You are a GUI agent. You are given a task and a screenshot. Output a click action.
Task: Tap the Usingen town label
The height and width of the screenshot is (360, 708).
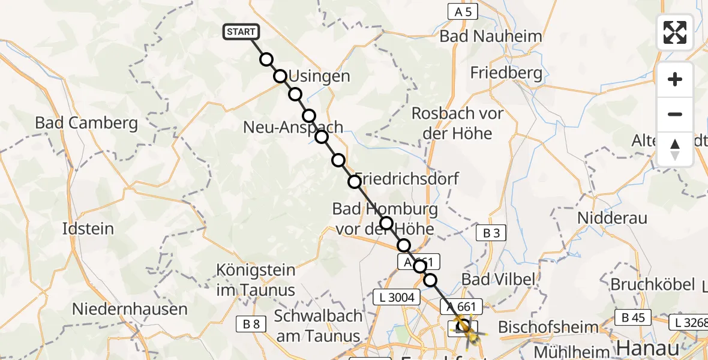(319, 76)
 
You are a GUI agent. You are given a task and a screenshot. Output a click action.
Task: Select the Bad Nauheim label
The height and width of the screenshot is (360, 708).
(490, 36)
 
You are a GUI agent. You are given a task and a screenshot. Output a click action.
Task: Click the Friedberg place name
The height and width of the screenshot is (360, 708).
(506, 73)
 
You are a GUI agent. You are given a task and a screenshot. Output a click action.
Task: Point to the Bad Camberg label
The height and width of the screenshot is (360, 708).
(86, 123)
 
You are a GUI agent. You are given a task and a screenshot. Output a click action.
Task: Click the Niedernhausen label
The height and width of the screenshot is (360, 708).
(130, 310)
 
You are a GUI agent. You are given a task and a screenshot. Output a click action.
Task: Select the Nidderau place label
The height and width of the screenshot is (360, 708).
(613, 217)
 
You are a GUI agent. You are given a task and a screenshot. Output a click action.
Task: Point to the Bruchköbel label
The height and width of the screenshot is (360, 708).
(652, 284)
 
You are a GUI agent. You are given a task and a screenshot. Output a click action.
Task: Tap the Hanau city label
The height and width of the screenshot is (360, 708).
(649, 347)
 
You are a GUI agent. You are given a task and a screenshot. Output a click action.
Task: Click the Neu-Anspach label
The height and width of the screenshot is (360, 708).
(293, 127)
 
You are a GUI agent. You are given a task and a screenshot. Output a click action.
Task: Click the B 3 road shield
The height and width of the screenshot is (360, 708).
(490, 234)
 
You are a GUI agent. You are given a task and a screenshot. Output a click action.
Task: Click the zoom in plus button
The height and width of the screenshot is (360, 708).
(675, 80)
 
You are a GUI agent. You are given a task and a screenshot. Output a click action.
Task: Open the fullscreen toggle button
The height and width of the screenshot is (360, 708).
(675, 32)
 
